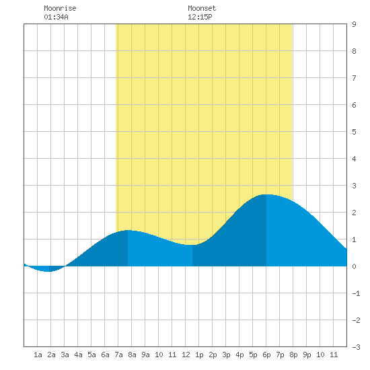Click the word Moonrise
coord(60,8)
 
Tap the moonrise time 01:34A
coord(56,17)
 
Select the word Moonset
coord(202,8)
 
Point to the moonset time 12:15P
coord(200,17)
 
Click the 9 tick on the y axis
coord(354,24)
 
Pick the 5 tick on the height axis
coord(354,132)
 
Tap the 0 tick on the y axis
coord(354,266)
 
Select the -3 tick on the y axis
coord(356,347)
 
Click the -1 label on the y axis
coord(356,293)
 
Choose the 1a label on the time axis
coord(38,355)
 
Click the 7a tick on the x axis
coord(118,355)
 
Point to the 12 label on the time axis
coord(186,355)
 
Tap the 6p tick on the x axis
coord(266,355)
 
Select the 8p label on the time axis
coord(293,355)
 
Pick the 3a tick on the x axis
coord(65,355)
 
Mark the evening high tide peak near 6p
coord(266,194)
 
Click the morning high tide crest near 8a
coord(128,230)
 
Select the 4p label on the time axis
coord(239,355)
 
